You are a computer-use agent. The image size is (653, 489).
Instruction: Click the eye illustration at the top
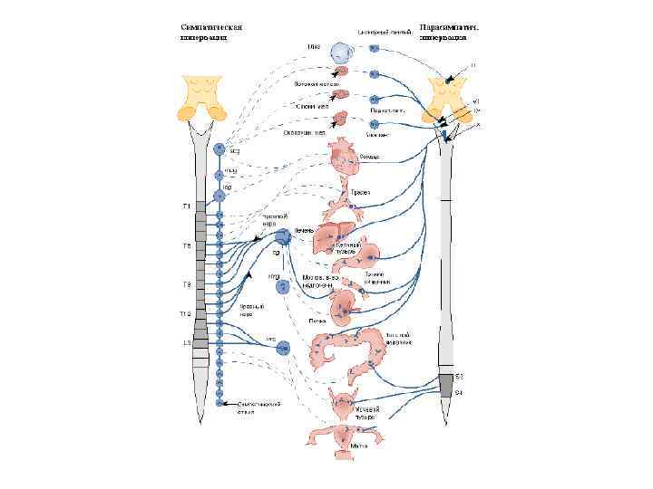pyautogui.click(x=343, y=52)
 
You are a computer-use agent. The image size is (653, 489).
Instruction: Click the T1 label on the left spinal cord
pyautogui.click(x=188, y=207)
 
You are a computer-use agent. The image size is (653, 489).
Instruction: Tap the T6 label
pyautogui.click(x=187, y=246)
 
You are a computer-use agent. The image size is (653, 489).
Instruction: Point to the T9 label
pyautogui.click(x=187, y=284)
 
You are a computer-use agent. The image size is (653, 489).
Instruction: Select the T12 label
pyautogui.click(x=185, y=314)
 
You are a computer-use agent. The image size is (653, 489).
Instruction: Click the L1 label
pyautogui.click(x=187, y=343)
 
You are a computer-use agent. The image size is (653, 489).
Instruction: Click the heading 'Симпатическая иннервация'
pyautogui.click(x=212, y=34)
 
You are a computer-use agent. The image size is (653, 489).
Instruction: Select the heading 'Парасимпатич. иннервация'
pyautogui.click(x=449, y=34)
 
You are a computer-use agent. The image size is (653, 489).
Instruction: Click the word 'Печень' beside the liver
pyautogui.click(x=305, y=231)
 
